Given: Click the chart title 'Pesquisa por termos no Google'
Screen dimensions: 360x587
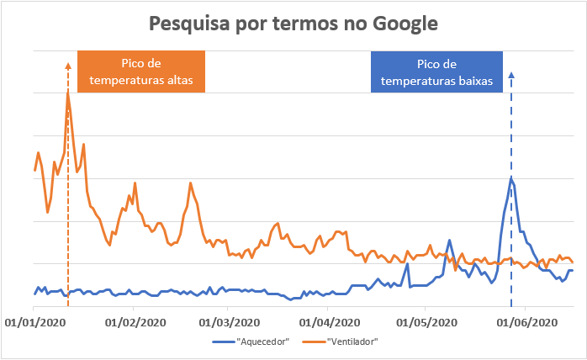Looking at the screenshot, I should point(293,23).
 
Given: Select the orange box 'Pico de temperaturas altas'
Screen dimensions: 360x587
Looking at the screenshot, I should point(140,71).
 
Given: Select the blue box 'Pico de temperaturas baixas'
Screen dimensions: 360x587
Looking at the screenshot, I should point(436,71).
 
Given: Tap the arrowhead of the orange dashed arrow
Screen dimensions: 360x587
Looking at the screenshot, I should point(67,65).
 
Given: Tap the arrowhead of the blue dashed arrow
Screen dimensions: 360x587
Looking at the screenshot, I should point(511,77).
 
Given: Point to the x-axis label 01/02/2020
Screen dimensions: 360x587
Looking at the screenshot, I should point(133,321).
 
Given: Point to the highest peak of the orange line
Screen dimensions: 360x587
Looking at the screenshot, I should point(67,92).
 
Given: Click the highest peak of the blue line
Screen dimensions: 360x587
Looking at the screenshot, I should point(510,177).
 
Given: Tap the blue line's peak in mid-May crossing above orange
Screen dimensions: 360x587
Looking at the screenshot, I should point(449,241).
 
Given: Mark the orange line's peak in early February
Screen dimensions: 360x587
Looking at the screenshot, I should point(135,183).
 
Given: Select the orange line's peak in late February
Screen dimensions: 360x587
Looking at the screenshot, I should point(190,183).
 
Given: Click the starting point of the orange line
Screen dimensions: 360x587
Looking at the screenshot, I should point(34,171).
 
